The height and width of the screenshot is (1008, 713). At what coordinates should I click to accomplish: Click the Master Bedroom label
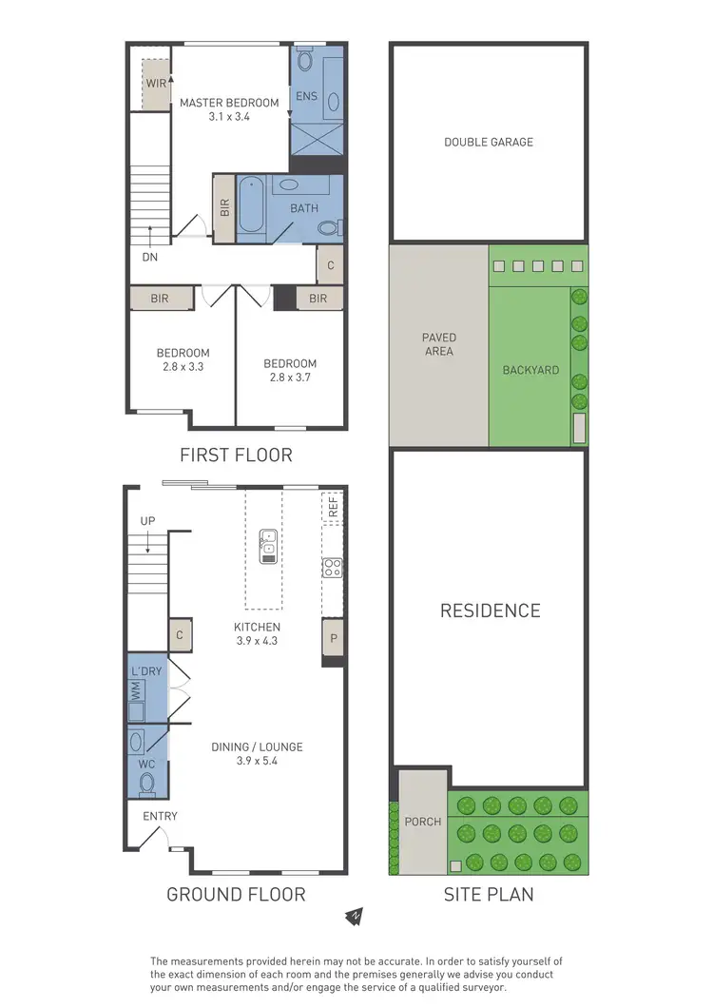[229, 103]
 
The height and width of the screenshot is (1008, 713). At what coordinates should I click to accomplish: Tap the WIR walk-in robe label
[156, 84]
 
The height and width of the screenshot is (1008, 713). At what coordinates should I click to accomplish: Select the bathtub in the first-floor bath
[252, 205]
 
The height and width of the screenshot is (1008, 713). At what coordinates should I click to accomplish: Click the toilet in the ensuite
[304, 61]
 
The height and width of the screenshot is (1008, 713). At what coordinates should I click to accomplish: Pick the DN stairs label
[149, 256]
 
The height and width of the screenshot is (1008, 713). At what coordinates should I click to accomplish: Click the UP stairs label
[147, 520]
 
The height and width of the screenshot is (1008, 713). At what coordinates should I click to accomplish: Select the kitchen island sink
[268, 547]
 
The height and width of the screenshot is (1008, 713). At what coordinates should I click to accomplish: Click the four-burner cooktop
[333, 568]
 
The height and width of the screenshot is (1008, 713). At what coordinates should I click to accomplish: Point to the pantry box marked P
[333, 638]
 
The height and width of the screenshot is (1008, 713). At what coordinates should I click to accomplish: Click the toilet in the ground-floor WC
[145, 784]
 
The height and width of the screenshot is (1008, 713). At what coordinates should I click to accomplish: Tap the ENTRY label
[160, 816]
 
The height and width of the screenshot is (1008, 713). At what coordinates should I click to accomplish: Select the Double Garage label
[489, 142]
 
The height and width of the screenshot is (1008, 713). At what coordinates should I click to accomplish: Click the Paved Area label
[439, 344]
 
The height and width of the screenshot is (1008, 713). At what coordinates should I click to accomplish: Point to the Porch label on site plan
[423, 821]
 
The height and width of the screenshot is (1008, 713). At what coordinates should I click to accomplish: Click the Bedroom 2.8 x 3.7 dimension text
[290, 378]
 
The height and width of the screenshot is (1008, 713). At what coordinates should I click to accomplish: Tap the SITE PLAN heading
[489, 894]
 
